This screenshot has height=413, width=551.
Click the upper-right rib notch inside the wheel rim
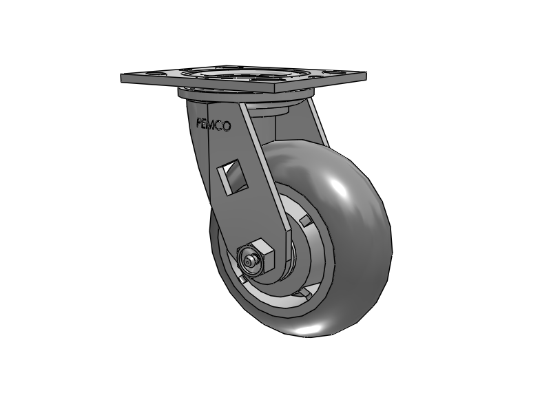(x=306, y=220)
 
